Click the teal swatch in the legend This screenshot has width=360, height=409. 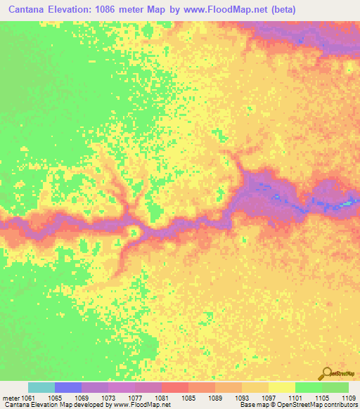41,387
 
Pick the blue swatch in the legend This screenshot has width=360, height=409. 68,387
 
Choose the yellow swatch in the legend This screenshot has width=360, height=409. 282,387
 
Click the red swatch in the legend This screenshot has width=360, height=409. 175,387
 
